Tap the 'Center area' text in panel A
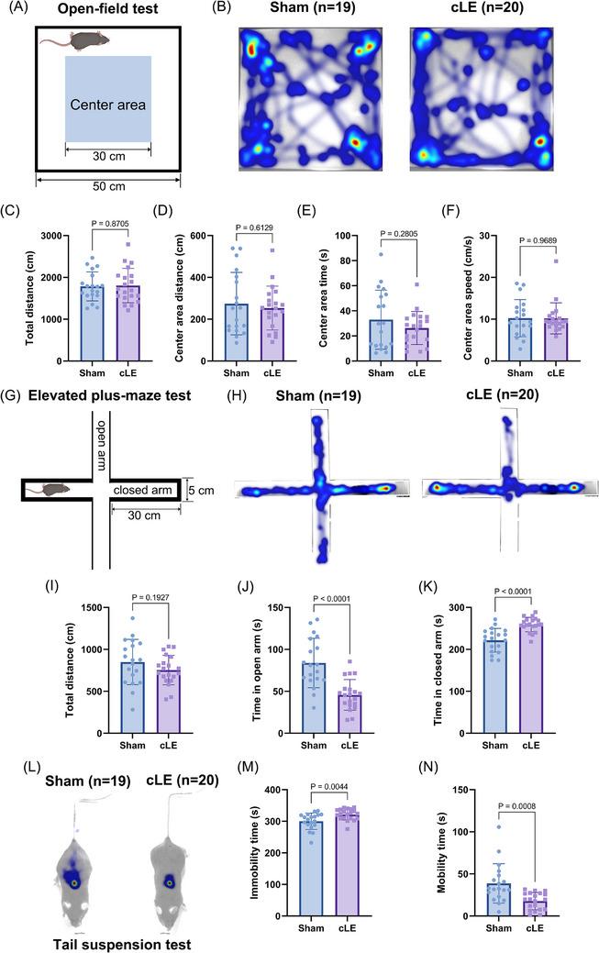click(x=107, y=105)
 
